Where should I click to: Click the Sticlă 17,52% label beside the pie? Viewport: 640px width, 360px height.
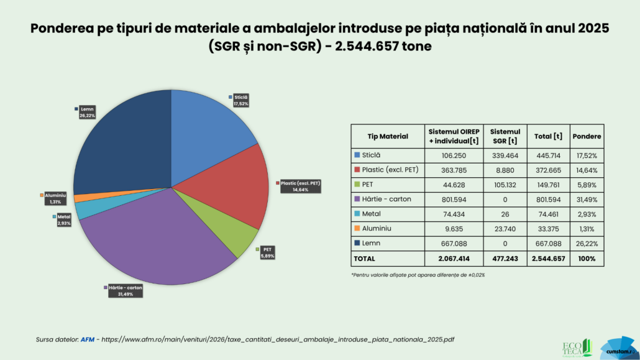click(x=240, y=100)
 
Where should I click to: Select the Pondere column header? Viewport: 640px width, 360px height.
click(x=587, y=136)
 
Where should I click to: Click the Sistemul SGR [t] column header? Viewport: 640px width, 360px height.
click(x=505, y=136)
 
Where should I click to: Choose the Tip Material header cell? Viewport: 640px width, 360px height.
click(x=388, y=136)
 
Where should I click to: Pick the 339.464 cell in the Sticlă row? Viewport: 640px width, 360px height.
click(x=505, y=155)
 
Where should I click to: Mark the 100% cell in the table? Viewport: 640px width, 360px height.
click(x=587, y=258)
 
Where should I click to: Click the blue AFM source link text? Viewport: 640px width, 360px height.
click(x=88, y=339)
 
